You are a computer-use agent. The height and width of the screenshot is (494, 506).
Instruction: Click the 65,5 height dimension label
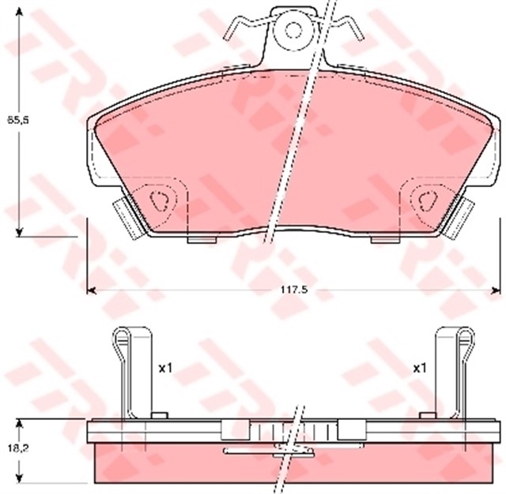[17, 120]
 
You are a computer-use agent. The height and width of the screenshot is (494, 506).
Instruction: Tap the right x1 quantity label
[419, 368]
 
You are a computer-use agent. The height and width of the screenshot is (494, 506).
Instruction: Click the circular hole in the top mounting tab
[294, 31]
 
